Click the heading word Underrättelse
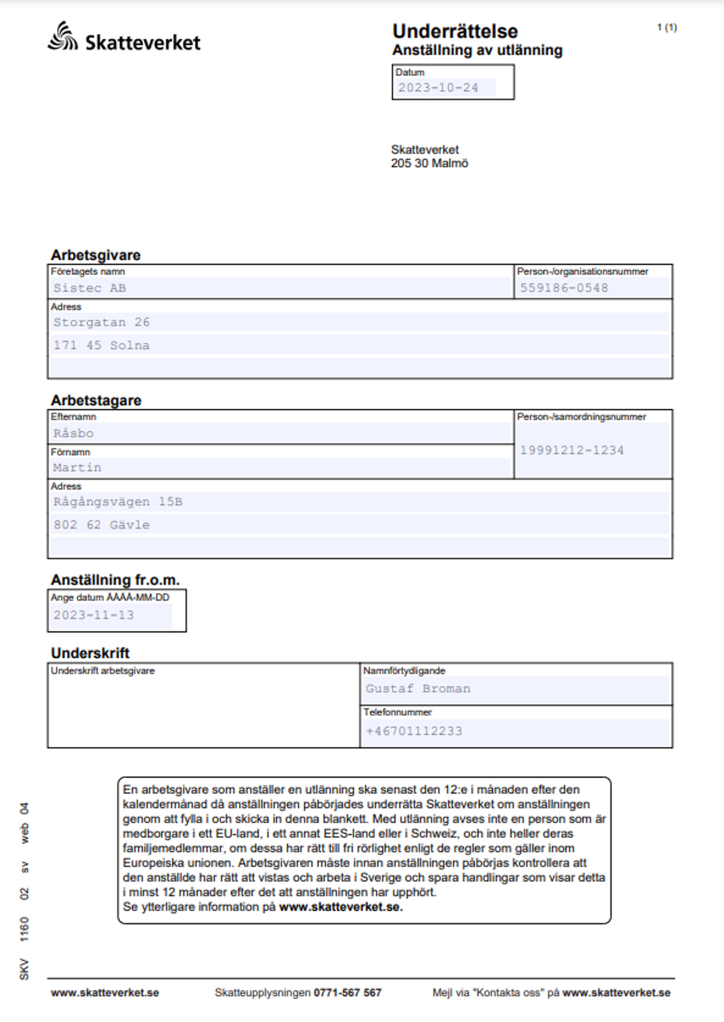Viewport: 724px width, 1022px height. pyautogui.click(x=455, y=32)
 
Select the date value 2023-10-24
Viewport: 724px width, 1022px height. pyautogui.click(x=438, y=88)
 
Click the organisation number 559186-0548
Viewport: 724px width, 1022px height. pyautogui.click(x=564, y=288)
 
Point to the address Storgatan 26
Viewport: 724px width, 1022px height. pyautogui.click(x=102, y=322)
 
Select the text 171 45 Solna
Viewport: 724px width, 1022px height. pyautogui.click(x=102, y=345)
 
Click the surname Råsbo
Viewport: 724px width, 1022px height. pyautogui.click(x=74, y=433)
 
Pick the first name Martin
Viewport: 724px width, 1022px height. pyautogui.click(x=77, y=468)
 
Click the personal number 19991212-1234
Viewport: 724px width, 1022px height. pyautogui.click(x=572, y=450)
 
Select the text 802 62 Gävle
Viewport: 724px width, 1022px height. pyautogui.click(x=102, y=525)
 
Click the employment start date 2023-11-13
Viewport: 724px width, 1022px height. pyautogui.click(x=94, y=615)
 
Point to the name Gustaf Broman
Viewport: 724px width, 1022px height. pyautogui.click(x=418, y=689)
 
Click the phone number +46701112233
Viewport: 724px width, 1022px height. pyautogui.click(x=414, y=731)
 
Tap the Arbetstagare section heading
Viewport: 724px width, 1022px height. pyautogui.click(x=96, y=400)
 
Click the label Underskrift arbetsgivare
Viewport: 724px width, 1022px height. pyautogui.click(x=103, y=671)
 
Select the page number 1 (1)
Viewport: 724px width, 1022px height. pyautogui.click(x=667, y=28)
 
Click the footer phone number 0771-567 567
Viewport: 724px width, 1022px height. pyautogui.click(x=347, y=993)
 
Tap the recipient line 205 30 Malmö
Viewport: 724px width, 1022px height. pyautogui.click(x=429, y=163)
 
